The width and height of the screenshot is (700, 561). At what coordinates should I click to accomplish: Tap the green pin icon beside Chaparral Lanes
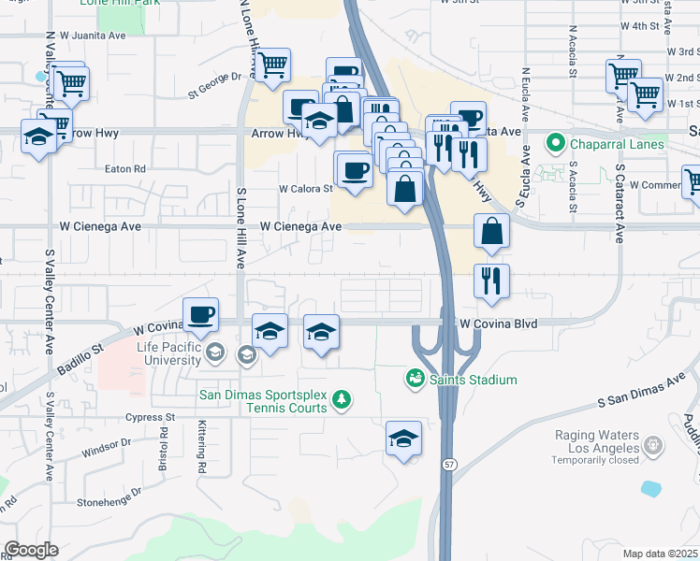click(556, 144)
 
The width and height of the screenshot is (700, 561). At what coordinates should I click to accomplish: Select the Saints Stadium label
click(474, 380)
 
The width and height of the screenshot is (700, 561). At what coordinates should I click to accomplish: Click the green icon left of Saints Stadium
click(415, 379)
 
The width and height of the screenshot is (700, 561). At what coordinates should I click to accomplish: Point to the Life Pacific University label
click(168, 352)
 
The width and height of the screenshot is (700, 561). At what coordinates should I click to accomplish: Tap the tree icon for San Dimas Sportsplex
click(343, 400)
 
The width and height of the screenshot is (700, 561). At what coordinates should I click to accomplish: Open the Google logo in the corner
click(31, 550)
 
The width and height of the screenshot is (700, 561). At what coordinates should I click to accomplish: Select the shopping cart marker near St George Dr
click(272, 66)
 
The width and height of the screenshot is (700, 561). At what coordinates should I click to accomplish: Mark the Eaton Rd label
click(125, 169)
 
